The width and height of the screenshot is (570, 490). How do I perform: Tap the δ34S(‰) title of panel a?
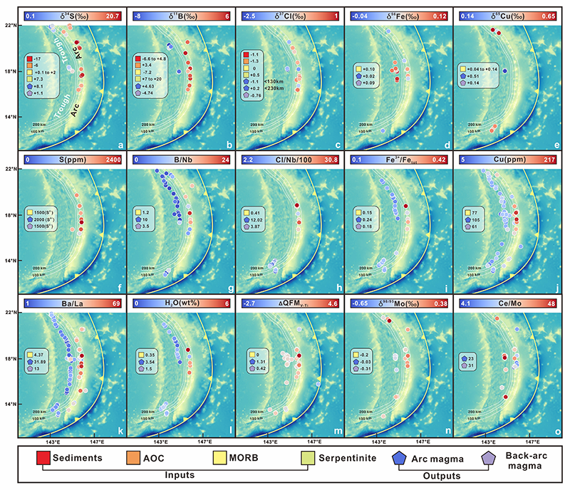(71, 14)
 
